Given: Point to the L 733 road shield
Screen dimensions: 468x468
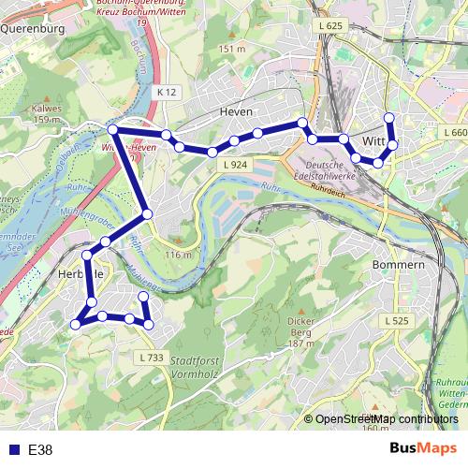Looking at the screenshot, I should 151,358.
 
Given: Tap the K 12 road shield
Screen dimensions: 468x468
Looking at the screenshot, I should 167,92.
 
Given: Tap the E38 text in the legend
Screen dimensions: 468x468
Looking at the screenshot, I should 40,450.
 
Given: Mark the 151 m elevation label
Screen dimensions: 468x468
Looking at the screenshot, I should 231,48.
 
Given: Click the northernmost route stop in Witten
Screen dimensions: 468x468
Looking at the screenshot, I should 389,117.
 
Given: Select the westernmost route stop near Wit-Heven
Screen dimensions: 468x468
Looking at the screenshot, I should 112,129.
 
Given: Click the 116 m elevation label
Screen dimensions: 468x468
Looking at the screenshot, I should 178,255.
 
